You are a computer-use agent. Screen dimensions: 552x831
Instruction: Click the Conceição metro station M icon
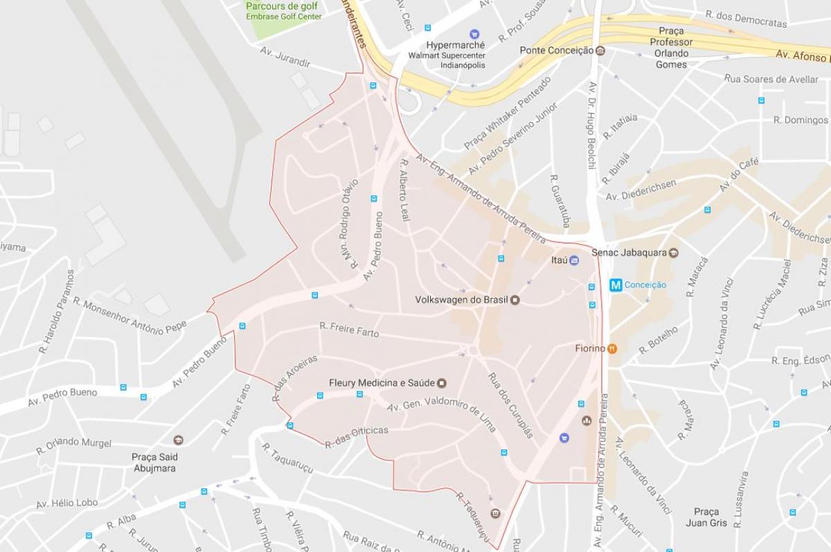tap(616, 285)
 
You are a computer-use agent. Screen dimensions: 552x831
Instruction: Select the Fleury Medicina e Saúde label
tap(382, 383)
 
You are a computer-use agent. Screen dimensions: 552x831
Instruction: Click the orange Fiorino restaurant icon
tap(612, 348)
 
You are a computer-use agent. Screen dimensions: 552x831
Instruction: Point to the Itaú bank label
tap(559, 260)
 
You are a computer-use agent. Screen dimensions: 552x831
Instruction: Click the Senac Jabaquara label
tap(629, 252)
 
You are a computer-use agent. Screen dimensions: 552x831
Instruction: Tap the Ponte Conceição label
tap(557, 50)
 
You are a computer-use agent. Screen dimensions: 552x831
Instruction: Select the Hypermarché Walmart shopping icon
tap(474, 33)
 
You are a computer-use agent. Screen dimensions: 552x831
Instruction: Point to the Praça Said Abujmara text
tap(154, 463)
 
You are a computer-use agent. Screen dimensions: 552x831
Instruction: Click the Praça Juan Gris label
tap(706, 517)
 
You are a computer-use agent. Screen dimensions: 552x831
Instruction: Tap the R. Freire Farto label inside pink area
tap(349, 329)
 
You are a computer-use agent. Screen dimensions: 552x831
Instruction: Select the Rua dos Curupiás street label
tap(511, 405)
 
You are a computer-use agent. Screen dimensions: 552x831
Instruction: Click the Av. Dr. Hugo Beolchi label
tap(592, 125)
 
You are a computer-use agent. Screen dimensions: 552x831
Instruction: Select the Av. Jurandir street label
tap(285, 57)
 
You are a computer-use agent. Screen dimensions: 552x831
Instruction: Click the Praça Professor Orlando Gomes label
tap(671, 47)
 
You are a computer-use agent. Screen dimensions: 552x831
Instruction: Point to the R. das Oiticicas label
tap(357, 436)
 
